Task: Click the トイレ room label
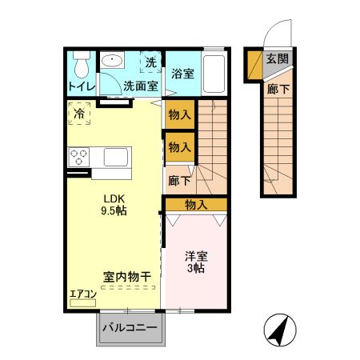[81, 86]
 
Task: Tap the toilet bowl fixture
[81, 63]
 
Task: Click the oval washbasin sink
[113, 60]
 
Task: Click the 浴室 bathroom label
[183, 74]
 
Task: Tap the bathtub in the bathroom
[213, 74]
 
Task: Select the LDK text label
[113, 199]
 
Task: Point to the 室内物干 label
[127, 276]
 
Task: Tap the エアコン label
[82, 294]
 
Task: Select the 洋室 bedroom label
[197, 257]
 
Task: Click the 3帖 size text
[197, 270]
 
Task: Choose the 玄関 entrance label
[278, 58]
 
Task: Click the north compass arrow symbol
[279, 330]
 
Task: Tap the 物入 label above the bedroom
[196, 205]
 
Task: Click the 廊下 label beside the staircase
[178, 181]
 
